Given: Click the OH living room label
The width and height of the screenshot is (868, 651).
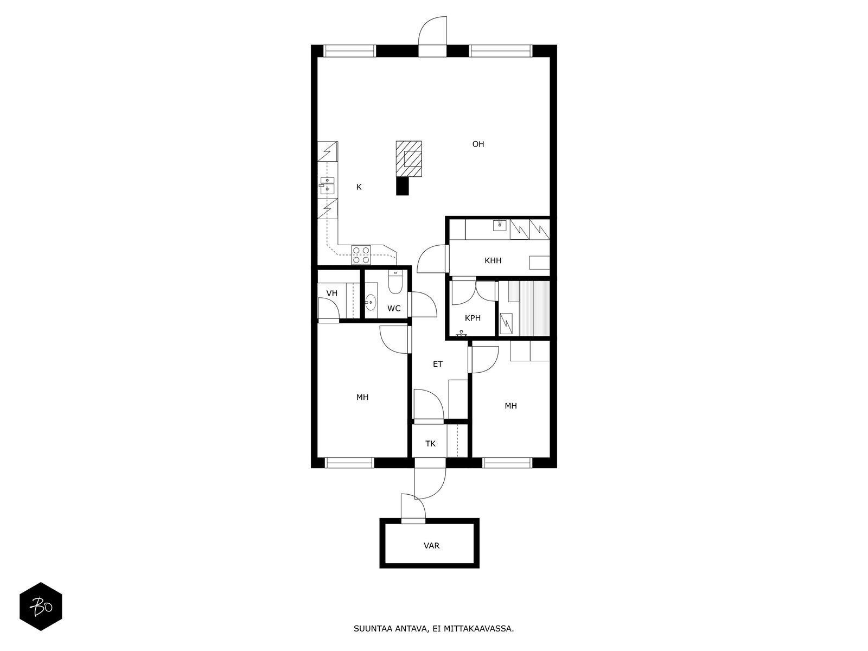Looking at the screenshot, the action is coord(478,144).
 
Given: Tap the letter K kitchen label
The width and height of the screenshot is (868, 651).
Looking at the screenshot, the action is coord(359,187).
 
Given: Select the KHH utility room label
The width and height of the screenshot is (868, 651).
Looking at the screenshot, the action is coord(493,260).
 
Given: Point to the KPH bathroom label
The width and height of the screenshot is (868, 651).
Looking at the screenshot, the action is coord(473,318).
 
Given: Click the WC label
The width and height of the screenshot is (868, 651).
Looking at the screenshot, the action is coord(394,308).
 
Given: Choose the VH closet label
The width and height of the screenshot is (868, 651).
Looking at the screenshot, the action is coord(332,293).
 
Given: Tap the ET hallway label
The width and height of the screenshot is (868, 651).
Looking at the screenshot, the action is coord(437,364).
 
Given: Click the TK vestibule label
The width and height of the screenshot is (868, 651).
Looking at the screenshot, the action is coord(430,443).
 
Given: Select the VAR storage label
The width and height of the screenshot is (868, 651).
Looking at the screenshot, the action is coord(431,545).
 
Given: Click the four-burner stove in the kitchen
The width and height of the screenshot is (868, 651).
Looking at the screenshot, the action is coord(361,255).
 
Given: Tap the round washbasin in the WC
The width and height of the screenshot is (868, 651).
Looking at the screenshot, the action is coord(371,303).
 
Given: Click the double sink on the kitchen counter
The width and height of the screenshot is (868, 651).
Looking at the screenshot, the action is coord(327,186).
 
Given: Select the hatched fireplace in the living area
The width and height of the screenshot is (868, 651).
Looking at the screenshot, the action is coord(409,159).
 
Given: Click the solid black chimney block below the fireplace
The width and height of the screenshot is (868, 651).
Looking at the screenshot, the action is coord(402,186).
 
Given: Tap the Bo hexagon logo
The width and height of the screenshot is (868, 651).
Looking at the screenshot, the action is coord(41,606).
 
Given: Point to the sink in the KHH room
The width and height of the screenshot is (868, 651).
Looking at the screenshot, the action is coord(500,225).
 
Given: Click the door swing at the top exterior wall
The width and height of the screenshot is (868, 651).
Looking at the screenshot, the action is coord(432,31).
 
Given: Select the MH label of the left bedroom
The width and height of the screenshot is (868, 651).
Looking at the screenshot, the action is coord(362,397).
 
